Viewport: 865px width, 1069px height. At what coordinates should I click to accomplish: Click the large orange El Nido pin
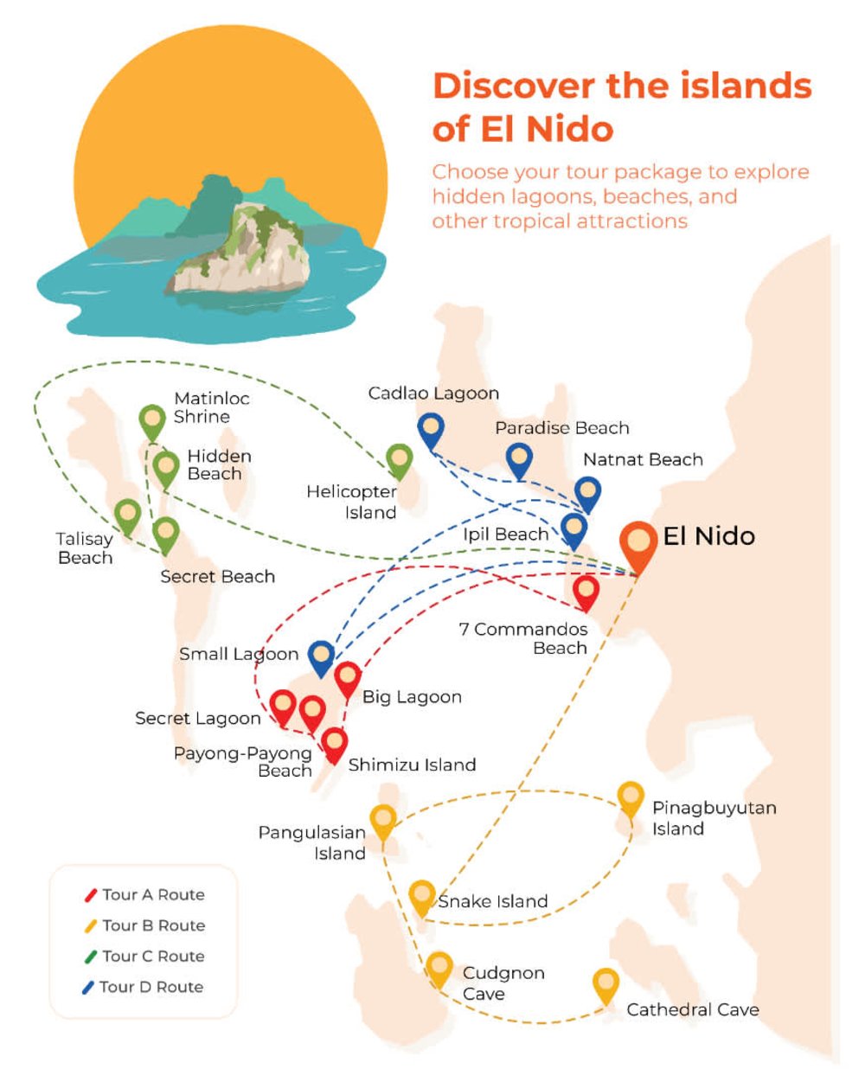pos(638,544)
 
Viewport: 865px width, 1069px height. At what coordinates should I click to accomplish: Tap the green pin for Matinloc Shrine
pos(153,422)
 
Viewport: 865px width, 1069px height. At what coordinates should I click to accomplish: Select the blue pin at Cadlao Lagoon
pos(430,429)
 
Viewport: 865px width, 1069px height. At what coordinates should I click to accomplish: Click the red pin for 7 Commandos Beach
pos(586,592)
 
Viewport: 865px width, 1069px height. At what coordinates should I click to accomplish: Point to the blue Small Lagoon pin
pos(321,656)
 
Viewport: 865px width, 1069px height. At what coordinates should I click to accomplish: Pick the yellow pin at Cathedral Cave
pos(605,985)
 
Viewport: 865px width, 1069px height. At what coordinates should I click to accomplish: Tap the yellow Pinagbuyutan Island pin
pos(631,797)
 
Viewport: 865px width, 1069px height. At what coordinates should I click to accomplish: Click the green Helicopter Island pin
pos(399,460)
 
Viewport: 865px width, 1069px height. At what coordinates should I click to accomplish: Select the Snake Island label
pos(493,901)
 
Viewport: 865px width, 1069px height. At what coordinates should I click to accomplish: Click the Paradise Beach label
pos(562,427)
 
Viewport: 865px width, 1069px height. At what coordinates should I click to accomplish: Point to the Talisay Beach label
pos(85,548)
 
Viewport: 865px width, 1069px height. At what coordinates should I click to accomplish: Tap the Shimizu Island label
pos(412,765)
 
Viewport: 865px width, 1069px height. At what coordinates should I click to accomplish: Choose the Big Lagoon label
pos(412,696)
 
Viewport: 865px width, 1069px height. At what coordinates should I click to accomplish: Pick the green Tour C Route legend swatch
pos(90,957)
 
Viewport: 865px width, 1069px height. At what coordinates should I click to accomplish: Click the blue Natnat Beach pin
pos(587,493)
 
